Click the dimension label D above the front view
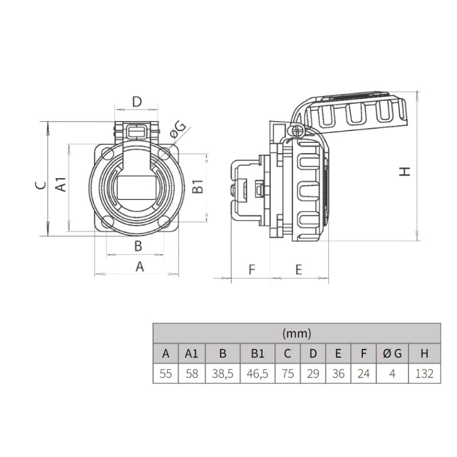click(x=137, y=102)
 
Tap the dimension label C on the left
click(x=41, y=185)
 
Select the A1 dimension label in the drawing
click(x=62, y=185)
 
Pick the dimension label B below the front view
click(x=138, y=246)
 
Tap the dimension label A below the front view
click(x=140, y=266)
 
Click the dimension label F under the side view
click(x=252, y=269)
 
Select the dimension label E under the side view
click(x=298, y=269)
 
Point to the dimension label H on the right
click(x=405, y=171)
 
